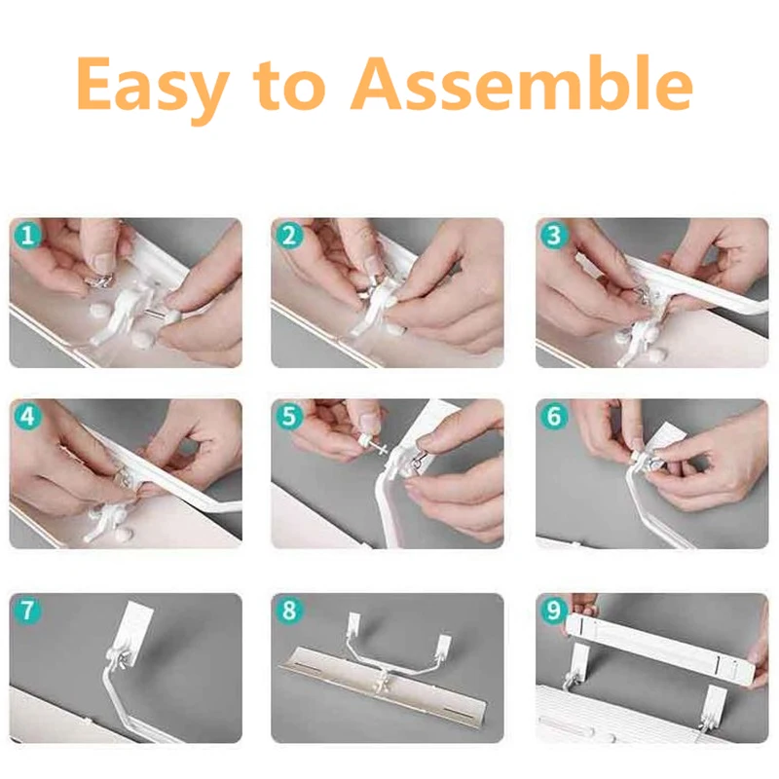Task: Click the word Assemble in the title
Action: [522, 83]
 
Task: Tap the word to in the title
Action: [289, 85]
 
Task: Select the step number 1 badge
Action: [27, 235]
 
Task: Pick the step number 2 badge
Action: [288, 235]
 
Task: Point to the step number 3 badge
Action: [554, 235]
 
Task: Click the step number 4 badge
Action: [27, 416]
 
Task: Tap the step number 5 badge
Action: [288, 416]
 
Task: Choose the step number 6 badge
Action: [554, 416]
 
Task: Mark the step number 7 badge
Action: [27, 610]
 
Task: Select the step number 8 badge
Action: [288, 610]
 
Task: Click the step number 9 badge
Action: [554, 610]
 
